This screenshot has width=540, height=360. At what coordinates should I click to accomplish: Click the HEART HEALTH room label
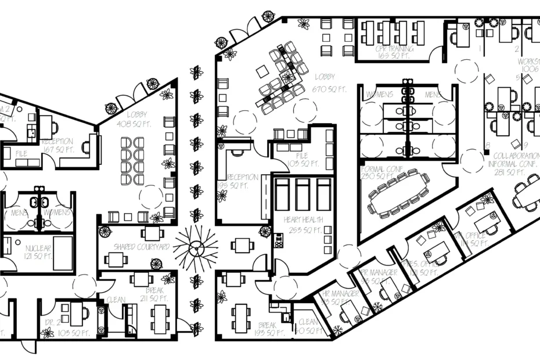[301, 221]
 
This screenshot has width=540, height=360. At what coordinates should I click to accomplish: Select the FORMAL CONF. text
[382, 168]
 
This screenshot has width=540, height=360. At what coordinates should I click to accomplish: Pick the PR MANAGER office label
[379, 272]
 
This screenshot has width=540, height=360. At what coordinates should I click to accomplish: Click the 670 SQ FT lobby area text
[329, 89]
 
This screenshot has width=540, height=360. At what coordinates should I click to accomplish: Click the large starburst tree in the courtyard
[195, 245]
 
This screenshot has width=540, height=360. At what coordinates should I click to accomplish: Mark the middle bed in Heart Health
[303, 195]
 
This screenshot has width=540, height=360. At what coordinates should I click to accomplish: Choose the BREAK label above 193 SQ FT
[267, 325]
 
